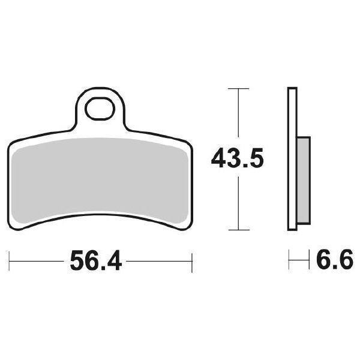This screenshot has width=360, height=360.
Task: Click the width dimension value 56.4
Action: tap(96, 261)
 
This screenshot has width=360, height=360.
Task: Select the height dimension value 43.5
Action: tap(238, 159)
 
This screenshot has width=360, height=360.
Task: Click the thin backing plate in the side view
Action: tap(292, 159)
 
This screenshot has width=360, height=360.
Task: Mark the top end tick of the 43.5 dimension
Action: tap(239, 89)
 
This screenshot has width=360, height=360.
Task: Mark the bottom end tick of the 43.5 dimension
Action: tap(239, 230)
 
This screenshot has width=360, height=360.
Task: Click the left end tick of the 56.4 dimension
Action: tap(10, 262)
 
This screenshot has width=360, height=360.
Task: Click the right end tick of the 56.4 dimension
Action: tap(191, 262)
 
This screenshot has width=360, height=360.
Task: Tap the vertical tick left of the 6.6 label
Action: tap(290, 261)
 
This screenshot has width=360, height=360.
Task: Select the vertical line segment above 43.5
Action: tap(239, 117)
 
